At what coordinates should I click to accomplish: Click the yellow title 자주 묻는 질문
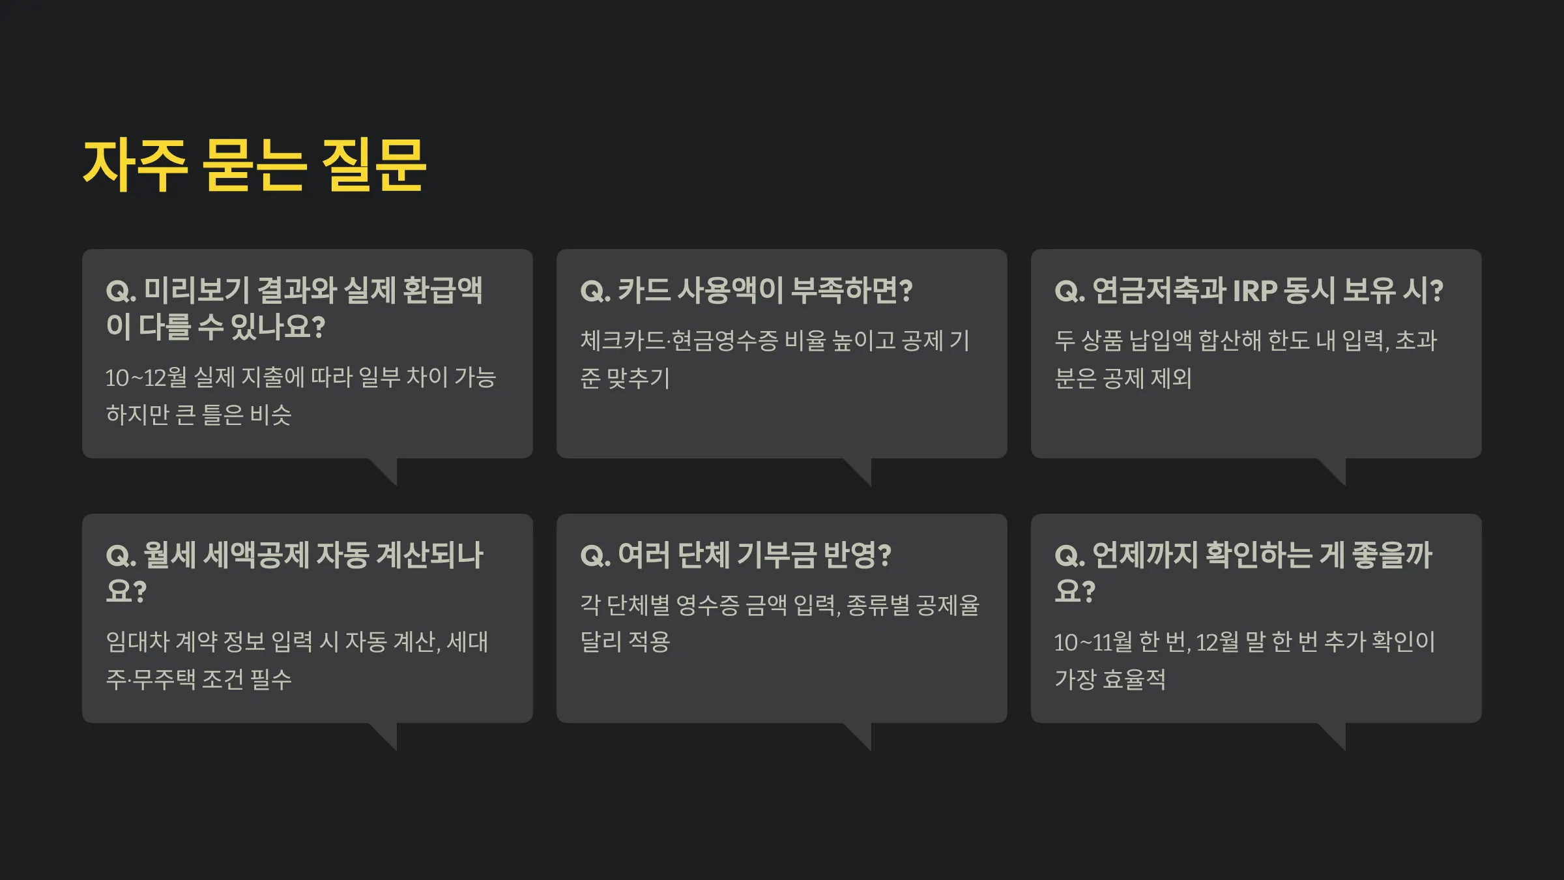(x=255, y=166)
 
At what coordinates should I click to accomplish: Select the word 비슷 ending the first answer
(x=270, y=415)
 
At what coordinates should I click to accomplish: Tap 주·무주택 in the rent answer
(x=151, y=680)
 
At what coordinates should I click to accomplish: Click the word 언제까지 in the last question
(x=1145, y=555)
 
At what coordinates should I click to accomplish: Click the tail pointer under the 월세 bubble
(x=385, y=735)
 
